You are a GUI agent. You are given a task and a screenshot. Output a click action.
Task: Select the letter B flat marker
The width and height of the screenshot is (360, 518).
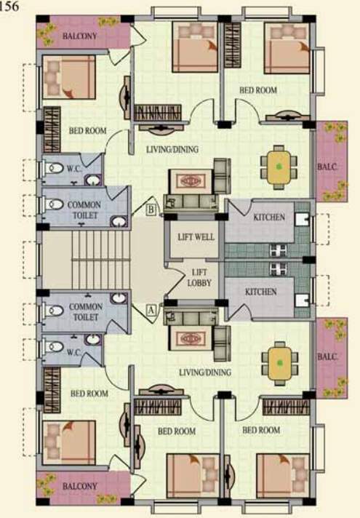click(151, 210)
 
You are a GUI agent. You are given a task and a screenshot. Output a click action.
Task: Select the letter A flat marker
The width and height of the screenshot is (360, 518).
click(151, 309)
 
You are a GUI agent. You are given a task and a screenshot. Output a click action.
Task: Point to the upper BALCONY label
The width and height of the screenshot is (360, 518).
click(79, 36)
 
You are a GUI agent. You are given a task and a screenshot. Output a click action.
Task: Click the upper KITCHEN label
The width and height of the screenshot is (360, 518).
click(268, 218)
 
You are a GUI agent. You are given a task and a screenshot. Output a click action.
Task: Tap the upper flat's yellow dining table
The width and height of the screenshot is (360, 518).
click(280, 166)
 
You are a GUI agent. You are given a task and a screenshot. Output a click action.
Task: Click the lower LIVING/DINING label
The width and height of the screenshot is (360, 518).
click(204, 372)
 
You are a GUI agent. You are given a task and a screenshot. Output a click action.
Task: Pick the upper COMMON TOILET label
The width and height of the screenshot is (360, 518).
click(84, 210)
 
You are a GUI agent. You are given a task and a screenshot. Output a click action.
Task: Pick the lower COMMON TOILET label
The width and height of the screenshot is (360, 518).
click(84, 312)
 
